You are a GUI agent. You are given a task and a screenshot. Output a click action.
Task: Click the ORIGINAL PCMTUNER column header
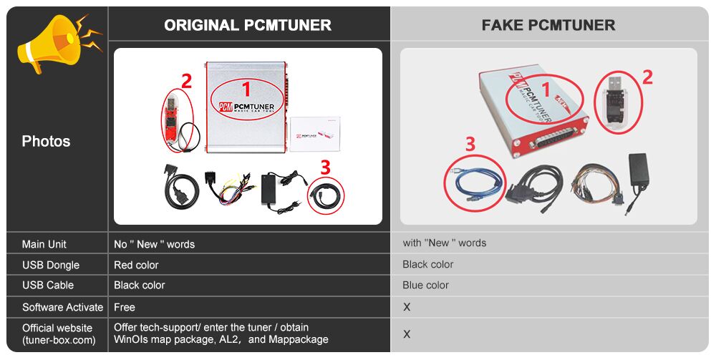tap(248, 25)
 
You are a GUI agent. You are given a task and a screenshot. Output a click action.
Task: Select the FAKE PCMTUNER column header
tap(548, 25)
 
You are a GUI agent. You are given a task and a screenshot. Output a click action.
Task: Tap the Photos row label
tap(46, 142)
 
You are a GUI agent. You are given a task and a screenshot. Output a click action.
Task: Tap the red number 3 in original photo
tap(325, 167)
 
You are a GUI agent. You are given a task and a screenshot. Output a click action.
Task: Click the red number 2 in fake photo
tap(647, 77)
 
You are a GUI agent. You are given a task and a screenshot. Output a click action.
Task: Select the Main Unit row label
tap(44, 245)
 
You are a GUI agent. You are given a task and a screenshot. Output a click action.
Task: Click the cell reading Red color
tap(136, 265)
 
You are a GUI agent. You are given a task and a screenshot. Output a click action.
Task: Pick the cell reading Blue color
tap(425, 285)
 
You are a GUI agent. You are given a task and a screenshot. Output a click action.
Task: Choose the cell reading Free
tap(124, 308)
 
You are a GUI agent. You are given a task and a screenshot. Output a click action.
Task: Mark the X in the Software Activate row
tap(407, 308)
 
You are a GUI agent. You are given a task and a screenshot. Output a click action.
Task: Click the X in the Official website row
tap(407, 334)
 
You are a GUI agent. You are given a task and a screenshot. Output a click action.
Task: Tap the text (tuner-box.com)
tap(59, 340)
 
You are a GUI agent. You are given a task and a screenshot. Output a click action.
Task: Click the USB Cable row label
tap(48, 285)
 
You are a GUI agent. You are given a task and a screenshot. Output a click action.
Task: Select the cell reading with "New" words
tap(445, 243)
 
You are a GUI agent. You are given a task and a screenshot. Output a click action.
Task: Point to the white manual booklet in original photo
tap(314, 134)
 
